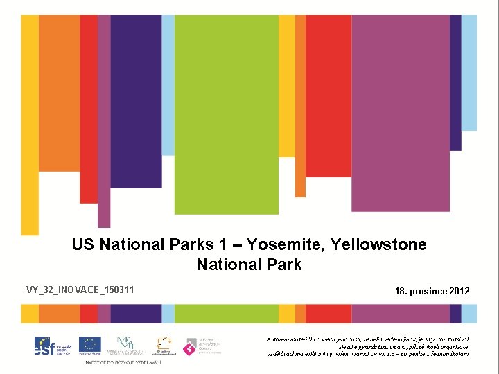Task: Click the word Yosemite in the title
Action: (x=286, y=244)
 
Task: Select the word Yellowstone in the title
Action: (x=379, y=244)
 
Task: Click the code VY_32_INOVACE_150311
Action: (x=80, y=290)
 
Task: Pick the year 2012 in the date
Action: (x=459, y=291)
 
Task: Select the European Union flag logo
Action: (x=90, y=344)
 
